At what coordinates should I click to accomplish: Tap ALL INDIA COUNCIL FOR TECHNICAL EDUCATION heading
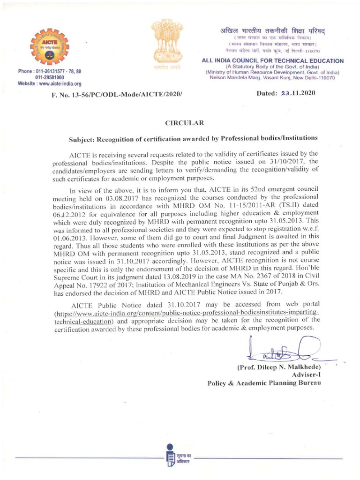pos(272,61)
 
